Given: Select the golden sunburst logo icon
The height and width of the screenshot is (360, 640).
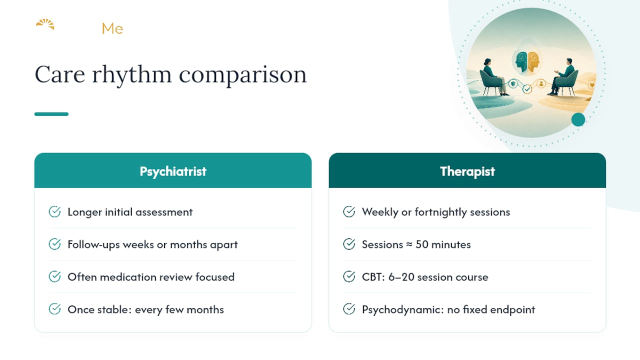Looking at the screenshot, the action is click(45, 24).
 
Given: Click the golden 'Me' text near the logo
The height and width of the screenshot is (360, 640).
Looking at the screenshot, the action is click(112, 28).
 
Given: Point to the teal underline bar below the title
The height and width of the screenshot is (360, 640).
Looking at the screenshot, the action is click(51, 114).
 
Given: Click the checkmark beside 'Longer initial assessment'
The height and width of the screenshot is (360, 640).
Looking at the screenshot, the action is click(54, 211).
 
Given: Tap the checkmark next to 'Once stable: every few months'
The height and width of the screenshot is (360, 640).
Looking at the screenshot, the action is click(54, 309).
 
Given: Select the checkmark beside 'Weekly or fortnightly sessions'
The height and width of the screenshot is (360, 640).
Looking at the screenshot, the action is click(349, 211).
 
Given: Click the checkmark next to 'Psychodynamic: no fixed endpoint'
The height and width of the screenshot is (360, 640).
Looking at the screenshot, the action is click(349, 309).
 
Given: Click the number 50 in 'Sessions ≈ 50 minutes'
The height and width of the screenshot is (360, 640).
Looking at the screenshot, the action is click(421, 244).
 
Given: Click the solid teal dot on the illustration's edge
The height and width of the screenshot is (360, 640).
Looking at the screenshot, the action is click(578, 119).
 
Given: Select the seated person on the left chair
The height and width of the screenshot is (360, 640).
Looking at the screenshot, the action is click(493, 76).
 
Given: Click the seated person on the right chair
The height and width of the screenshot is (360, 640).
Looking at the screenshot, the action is click(561, 76).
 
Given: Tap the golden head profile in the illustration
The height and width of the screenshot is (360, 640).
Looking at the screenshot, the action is click(533, 61).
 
